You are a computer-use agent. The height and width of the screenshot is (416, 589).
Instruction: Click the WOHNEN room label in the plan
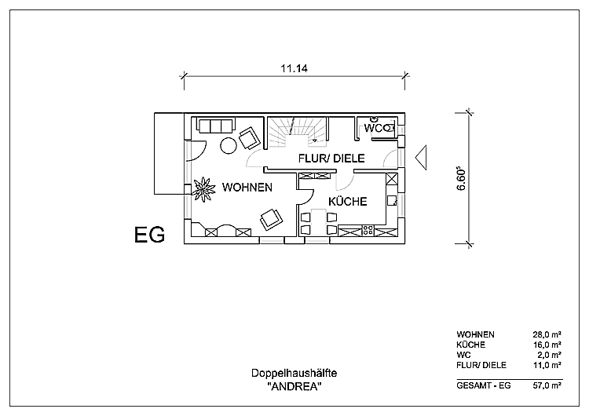247,188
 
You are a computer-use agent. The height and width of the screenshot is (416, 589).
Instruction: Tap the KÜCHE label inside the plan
347,202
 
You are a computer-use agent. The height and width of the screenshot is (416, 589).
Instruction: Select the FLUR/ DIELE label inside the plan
331,159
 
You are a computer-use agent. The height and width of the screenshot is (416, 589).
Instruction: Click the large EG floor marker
149,235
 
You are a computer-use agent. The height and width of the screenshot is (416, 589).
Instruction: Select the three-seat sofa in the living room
215,126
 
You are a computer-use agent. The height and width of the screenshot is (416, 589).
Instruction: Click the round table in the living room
229,145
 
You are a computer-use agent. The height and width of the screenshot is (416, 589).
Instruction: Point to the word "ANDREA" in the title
294,388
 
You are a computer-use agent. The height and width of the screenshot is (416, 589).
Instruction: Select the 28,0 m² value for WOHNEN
547,334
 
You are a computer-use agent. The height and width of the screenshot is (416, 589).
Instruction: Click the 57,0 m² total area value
547,385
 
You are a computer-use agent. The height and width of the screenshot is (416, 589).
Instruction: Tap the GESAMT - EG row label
483,385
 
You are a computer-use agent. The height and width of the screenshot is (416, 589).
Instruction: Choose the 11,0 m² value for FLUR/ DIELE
547,365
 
